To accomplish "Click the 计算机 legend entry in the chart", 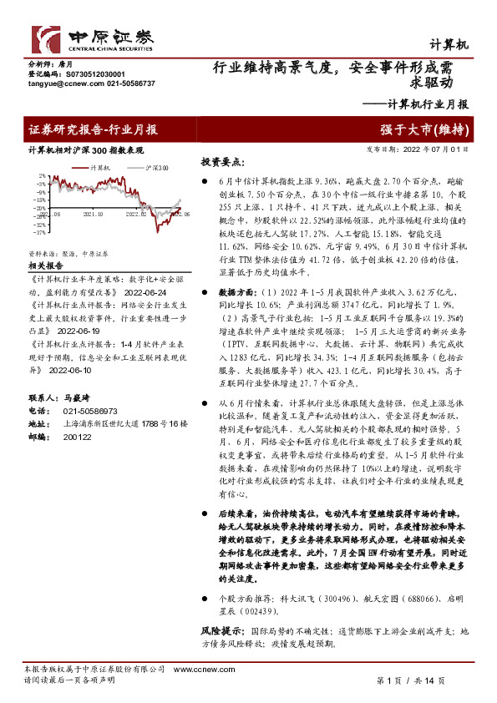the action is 105,169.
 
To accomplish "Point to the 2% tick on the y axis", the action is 41,178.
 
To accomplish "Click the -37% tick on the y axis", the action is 39,231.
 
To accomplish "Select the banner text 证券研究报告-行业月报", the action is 92,129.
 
